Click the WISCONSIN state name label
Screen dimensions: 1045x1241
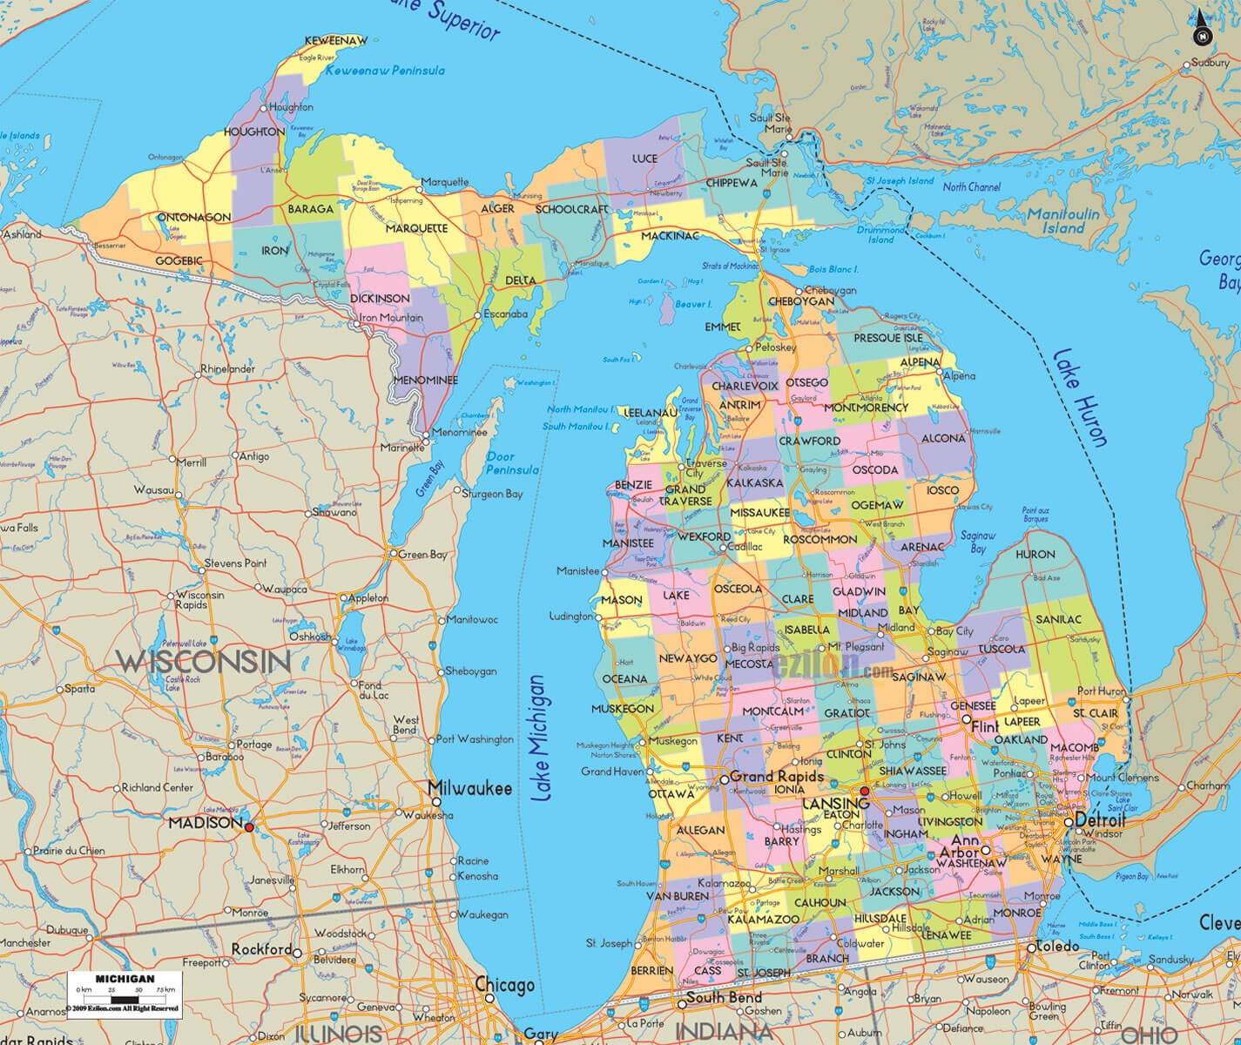click(x=203, y=660)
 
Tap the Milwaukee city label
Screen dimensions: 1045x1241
click(x=469, y=789)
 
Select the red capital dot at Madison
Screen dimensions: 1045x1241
click(x=249, y=826)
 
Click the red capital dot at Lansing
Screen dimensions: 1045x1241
click(x=864, y=791)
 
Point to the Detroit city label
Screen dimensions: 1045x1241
click(x=1101, y=821)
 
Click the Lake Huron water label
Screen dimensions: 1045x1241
click(x=1079, y=398)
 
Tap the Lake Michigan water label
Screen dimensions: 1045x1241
click(x=542, y=738)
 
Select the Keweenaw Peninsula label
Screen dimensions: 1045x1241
click(x=385, y=71)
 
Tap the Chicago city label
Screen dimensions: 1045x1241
click(x=504, y=986)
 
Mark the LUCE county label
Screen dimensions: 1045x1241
click(x=644, y=159)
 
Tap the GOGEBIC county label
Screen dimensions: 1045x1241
click(x=179, y=260)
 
